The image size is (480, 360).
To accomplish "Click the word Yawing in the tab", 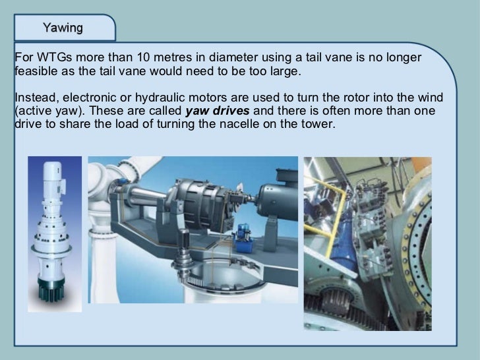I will (x=63, y=28).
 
